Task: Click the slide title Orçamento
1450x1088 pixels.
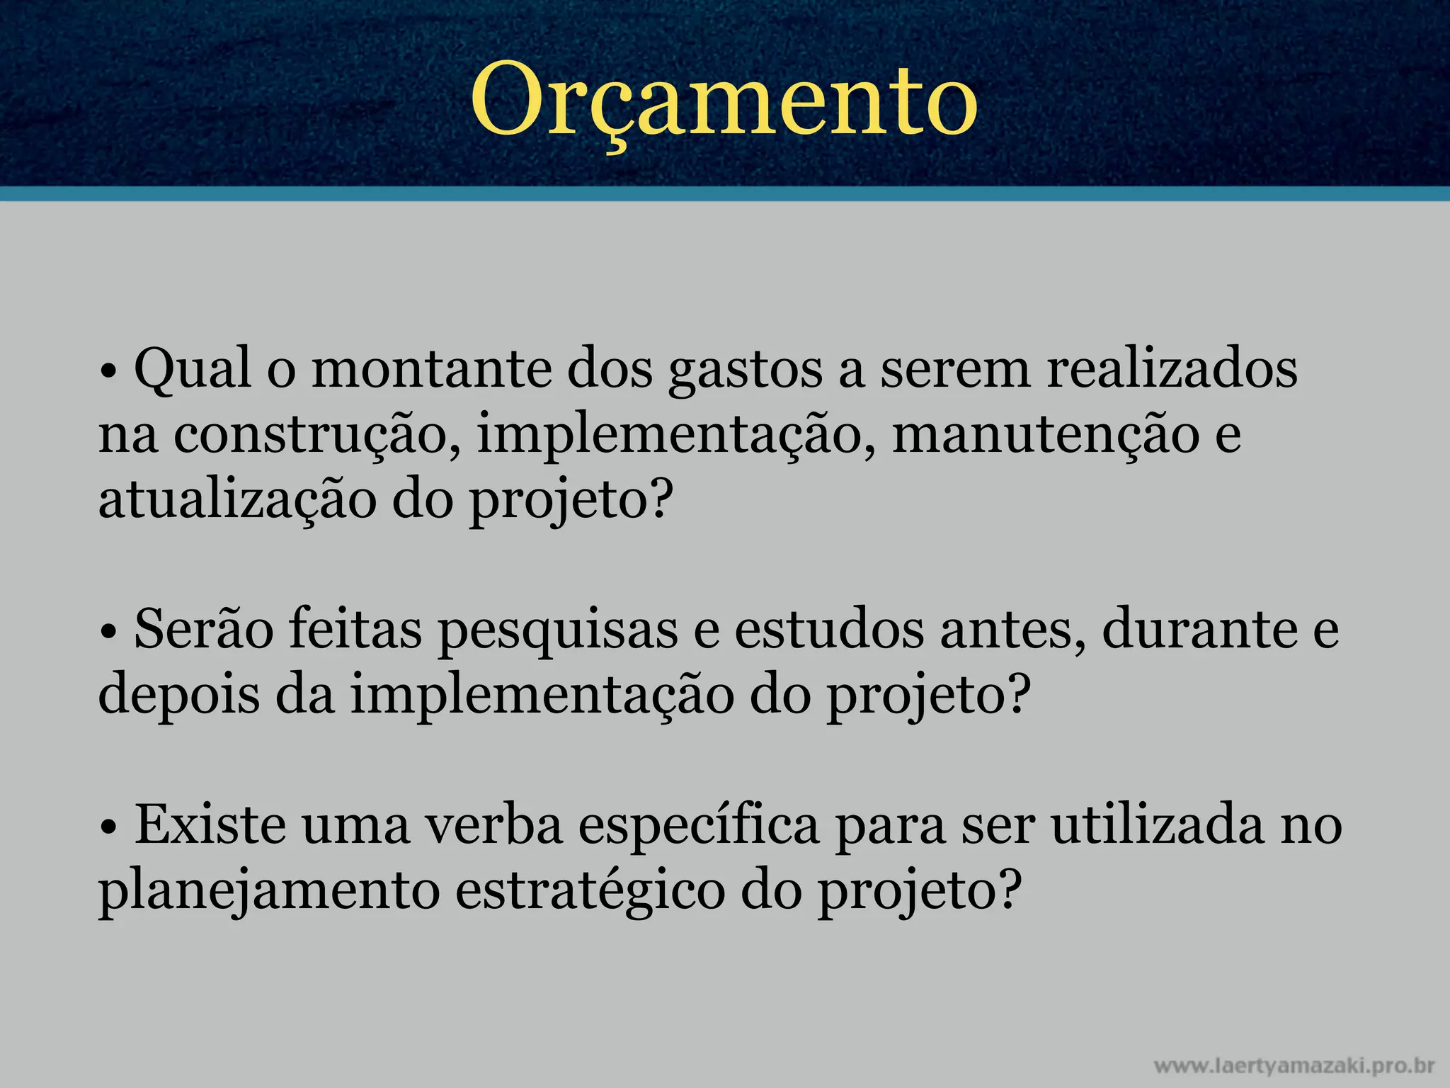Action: [x=724, y=99]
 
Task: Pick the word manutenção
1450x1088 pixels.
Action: [x=1046, y=435]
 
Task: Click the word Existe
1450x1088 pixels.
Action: [x=210, y=824]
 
